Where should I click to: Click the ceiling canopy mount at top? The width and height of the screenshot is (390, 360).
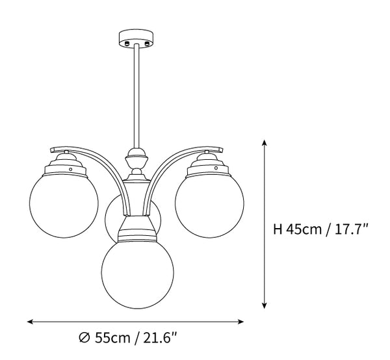click(x=135, y=38)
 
